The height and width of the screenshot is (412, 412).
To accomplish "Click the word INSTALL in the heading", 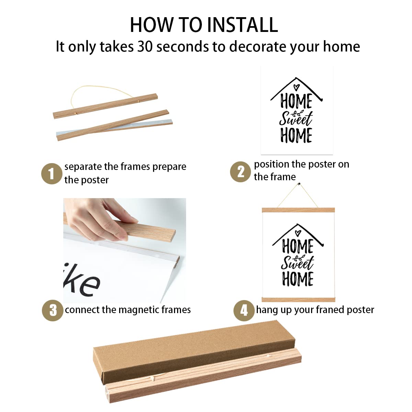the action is click(242, 25).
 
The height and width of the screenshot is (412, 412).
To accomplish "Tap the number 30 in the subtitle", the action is click(145, 46).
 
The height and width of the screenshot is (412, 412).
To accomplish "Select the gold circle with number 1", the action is click(52, 174).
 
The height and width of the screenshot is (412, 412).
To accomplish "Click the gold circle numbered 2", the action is click(240, 172).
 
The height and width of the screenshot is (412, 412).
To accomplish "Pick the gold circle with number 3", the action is click(53, 310).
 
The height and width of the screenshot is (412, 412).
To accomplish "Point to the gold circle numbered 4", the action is click(244, 310).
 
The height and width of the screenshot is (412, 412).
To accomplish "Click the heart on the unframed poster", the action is click(296, 87).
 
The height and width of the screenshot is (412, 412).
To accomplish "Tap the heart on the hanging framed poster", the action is click(297, 232).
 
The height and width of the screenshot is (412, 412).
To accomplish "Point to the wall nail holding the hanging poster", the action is click(299, 184).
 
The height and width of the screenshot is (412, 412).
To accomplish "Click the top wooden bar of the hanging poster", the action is click(298, 210).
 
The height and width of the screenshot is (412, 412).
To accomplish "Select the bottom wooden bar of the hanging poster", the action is click(298, 299).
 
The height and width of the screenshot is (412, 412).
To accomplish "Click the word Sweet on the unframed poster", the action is click(296, 118).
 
